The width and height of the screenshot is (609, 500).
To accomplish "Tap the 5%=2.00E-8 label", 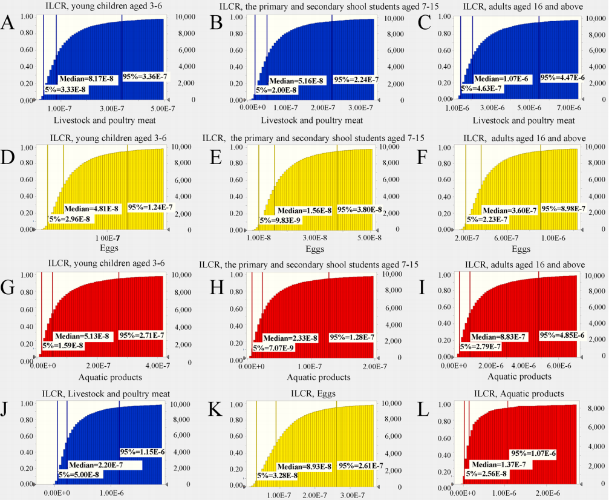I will click(276, 90).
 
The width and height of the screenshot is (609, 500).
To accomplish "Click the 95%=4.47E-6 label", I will click(562, 77).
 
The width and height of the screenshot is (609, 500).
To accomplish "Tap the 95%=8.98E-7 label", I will click(562, 208).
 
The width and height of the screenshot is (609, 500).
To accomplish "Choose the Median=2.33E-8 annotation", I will click(290, 337).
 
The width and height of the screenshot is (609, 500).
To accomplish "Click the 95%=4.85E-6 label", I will click(562, 335).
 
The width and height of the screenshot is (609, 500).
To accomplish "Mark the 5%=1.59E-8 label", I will click(62, 346).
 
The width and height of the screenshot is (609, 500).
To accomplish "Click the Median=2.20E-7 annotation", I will click(96, 465).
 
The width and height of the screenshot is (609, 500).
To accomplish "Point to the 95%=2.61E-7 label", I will click(360, 465).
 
